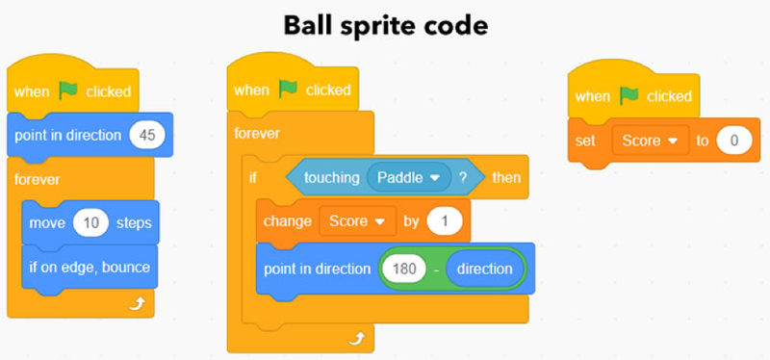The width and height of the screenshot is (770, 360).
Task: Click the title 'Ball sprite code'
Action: (x=384, y=25)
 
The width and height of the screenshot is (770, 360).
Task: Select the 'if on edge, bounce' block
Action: (x=89, y=267)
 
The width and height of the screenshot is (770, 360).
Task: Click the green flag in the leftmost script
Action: (x=67, y=90)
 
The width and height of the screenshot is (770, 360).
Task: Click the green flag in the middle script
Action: (x=288, y=90)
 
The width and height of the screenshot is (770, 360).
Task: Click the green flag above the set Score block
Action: (x=629, y=96)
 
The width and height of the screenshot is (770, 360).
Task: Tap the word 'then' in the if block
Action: (x=506, y=177)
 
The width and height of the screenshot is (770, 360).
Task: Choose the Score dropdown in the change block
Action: (x=356, y=221)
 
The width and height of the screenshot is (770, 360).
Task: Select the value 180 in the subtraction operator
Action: (x=403, y=269)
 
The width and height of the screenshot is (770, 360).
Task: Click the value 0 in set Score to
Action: (x=733, y=141)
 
